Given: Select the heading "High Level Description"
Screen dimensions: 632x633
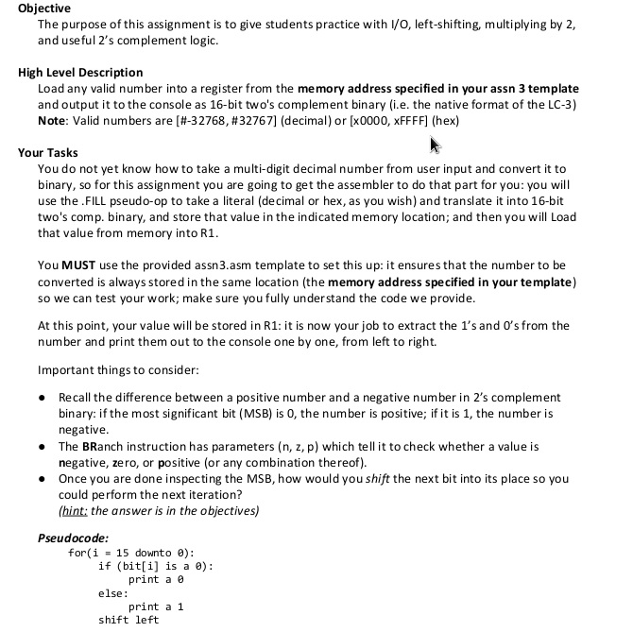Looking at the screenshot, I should pos(80,72).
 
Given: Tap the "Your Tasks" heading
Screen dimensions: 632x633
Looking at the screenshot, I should pos(48,152).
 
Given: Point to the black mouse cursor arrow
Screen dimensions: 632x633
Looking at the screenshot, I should pos(436,145).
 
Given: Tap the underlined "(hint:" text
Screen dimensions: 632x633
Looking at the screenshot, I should pos(77,511).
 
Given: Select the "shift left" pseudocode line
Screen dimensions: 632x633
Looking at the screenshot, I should pos(128,620).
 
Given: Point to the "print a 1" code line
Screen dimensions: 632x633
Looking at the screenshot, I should pos(155,606).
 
